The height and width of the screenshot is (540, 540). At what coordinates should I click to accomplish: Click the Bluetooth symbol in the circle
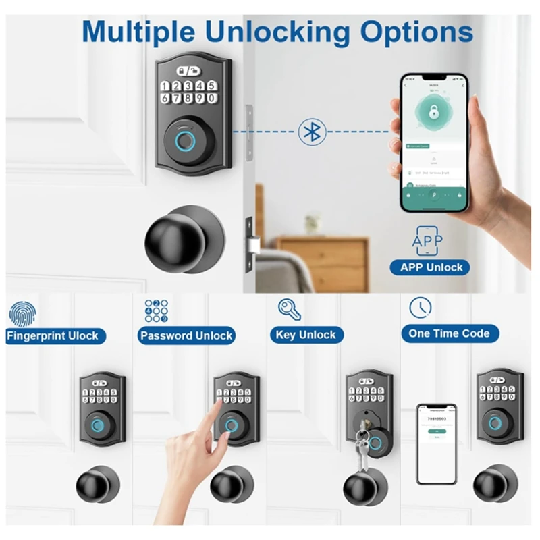click(x=311, y=132)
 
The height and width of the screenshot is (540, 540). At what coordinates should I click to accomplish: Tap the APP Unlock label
click(x=431, y=267)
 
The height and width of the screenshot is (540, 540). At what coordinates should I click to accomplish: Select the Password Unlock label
click(x=186, y=335)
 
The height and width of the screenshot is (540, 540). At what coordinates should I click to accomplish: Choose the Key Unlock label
click(x=306, y=335)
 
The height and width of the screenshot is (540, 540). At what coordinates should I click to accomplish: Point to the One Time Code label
click(x=449, y=333)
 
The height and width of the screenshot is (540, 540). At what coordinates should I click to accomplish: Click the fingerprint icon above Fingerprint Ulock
click(x=21, y=313)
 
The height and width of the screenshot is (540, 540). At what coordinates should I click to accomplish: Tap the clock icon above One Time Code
click(x=420, y=308)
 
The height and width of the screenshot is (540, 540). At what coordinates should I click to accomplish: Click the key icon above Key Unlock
click(x=290, y=309)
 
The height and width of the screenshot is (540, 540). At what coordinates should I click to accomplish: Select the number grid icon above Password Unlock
click(x=156, y=310)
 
